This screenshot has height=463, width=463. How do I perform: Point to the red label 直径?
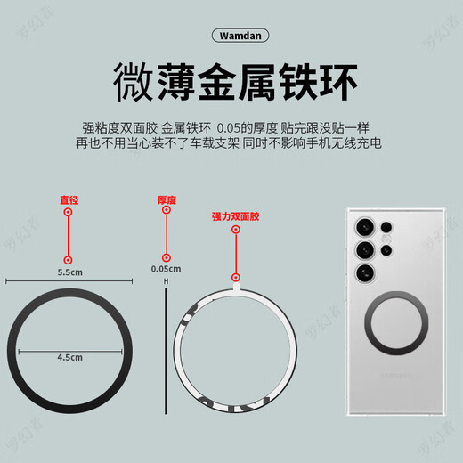(68, 200)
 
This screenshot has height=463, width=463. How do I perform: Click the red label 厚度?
(166, 200)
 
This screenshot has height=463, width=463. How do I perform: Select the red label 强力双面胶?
(235, 216)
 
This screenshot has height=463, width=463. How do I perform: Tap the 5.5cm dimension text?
(68, 270)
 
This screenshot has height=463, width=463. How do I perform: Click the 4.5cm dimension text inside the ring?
(69, 358)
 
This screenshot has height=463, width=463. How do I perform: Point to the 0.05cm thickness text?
(166, 268)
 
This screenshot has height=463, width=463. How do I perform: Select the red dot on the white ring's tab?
(235, 276)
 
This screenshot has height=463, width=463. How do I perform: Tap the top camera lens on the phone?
(365, 224)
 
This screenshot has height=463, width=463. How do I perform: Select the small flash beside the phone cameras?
(387, 238)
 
